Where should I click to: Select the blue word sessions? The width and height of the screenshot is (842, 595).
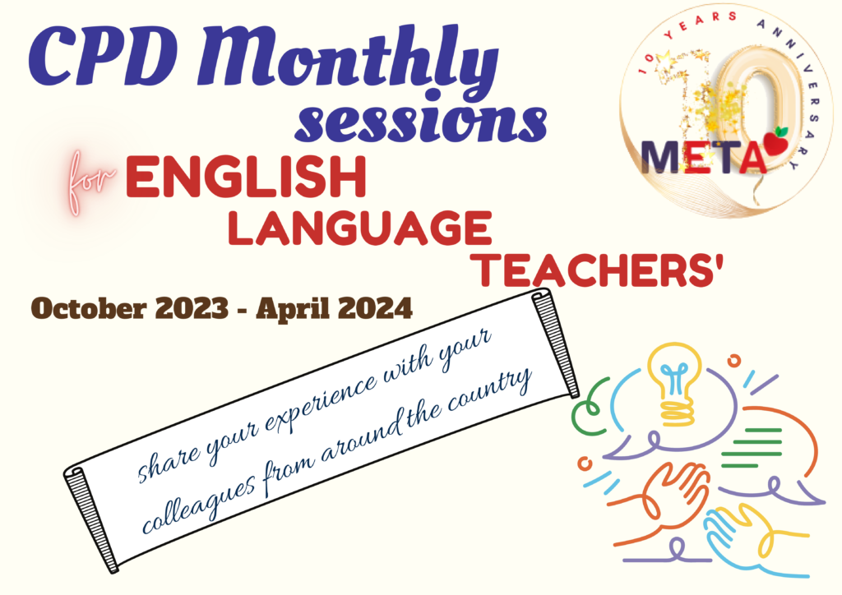pos(421,122)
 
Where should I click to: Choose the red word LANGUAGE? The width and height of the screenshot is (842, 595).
pos(360,228)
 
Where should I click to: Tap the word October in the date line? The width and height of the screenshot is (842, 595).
pos(89,309)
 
